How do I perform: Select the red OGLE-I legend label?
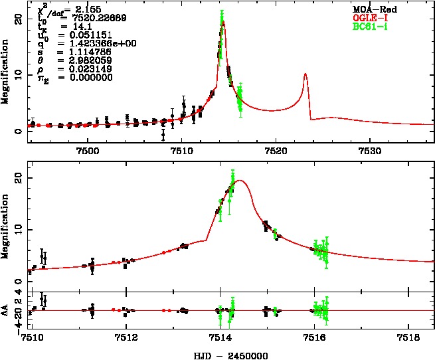(x=369, y=17)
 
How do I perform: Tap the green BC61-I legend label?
(x=369, y=27)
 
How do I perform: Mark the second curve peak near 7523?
(x=305, y=74)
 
